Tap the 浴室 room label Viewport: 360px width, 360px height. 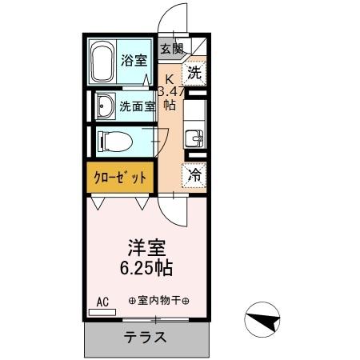coord(133,59)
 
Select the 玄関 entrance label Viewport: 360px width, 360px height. coord(170,49)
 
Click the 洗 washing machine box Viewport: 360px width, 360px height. coord(194,74)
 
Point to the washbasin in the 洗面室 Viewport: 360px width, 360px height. coord(104,105)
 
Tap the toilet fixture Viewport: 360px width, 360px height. coord(113,142)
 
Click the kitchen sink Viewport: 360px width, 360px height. coord(194,138)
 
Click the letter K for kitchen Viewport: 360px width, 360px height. coord(170,78)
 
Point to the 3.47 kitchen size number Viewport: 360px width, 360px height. coord(170,91)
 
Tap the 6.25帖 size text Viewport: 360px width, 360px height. coord(146,267)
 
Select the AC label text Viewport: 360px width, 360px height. coord(102,301)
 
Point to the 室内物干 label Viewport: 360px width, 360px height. coord(158,301)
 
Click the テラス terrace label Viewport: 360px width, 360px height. coord(146,337)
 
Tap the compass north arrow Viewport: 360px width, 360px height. coord(265,322)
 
